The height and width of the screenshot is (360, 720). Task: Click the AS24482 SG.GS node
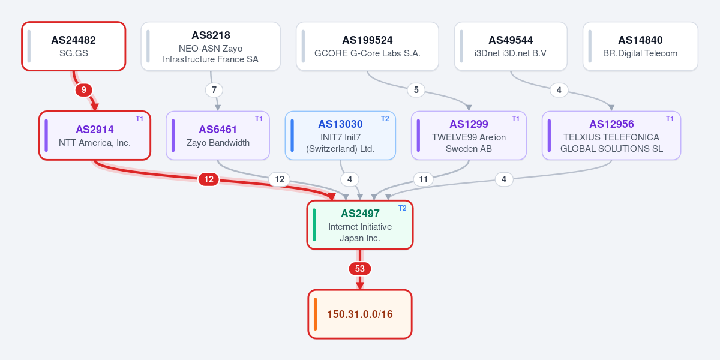(x=74, y=46)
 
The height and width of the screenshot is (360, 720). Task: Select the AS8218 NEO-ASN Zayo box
(x=211, y=46)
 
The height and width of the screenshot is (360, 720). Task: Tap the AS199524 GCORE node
(x=367, y=46)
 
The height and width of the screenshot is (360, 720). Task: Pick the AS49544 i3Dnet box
(x=511, y=46)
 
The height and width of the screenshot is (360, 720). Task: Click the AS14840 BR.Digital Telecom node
(x=640, y=46)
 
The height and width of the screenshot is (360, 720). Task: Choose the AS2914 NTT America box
(x=95, y=136)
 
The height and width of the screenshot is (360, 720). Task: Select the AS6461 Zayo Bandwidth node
(x=218, y=136)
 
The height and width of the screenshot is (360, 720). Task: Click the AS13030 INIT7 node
(x=340, y=136)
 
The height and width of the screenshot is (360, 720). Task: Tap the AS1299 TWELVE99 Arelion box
(x=469, y=136)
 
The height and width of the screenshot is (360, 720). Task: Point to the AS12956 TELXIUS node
(x=611, y=136)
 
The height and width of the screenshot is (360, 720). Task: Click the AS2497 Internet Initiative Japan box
(x=360, y=225)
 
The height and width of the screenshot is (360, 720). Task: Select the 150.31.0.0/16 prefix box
(x=360, y=314)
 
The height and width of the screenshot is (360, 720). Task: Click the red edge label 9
(x=84, y=90)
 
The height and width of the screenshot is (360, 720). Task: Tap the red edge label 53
(x=360, y=269)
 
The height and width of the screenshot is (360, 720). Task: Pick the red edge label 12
(x=209, y=179)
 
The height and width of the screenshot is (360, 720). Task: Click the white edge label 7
(x=214, y=90)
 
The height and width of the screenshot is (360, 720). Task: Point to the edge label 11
(x=424, y=179)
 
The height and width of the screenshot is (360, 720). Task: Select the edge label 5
(x=416, y=90)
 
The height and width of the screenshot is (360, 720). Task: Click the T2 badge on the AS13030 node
(x=385, y=119)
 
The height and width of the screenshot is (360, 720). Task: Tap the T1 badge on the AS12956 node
(x=670, y=119)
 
